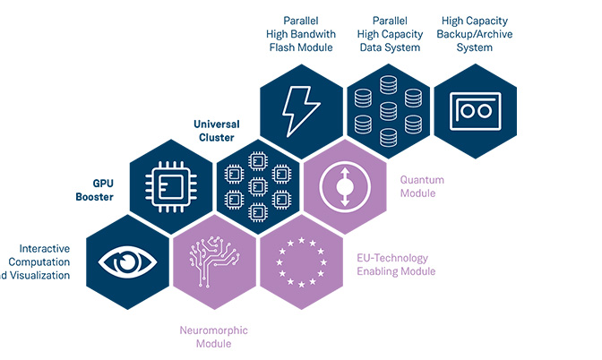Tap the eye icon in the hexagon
tap(127, 261)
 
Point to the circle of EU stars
tap(300, 260)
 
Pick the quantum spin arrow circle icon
tap(344, 186)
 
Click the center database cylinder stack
tap(388, 113)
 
